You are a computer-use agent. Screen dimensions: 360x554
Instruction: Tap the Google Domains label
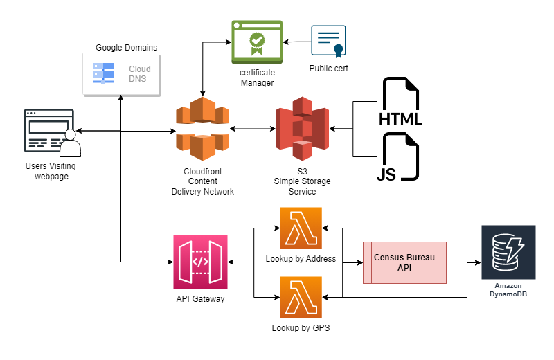[x=127, y=48]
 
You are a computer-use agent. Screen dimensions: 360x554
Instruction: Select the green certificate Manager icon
[x=257, y=42]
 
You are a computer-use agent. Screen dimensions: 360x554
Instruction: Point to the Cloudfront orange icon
[x=202, y=129]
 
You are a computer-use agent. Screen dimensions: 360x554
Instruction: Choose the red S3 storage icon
[x=302, y=129]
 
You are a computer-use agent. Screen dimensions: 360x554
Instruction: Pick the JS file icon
[x=397, y=157]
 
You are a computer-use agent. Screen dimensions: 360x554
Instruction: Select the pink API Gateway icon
[x=200, y=262]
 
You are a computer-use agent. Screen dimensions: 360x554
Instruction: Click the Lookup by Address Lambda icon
[x=301, y=228]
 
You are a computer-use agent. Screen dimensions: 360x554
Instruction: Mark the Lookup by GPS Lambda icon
[x=301, y=297]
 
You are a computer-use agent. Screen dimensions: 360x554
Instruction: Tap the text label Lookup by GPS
[x=301, y=328]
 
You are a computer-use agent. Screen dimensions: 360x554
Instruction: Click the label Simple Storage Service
[x=302, y=186]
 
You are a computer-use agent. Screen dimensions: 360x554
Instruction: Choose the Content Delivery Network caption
[x=202, y=191]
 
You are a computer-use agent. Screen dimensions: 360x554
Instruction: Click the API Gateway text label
[x=200, y=299]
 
